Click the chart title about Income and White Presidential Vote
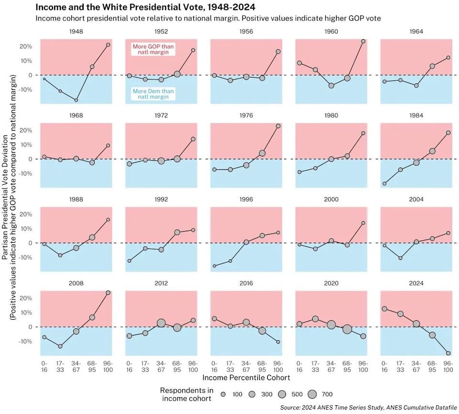145,7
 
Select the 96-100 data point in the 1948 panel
108,45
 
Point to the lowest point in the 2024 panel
448,353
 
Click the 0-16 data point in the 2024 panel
384,309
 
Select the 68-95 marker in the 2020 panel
347,329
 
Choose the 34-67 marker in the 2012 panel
161,323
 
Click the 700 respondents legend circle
312,394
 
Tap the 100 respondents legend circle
224,394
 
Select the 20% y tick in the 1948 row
26,46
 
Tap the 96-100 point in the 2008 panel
108,292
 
